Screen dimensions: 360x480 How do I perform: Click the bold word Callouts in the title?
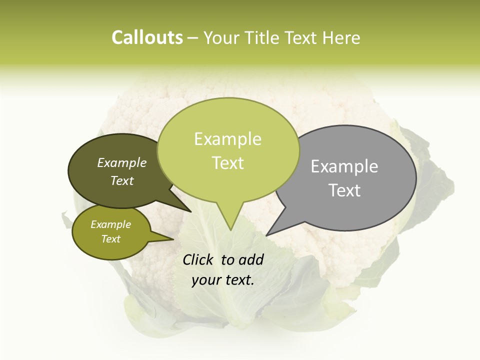coord(147,37)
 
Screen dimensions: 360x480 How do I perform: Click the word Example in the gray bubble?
coord(344,166)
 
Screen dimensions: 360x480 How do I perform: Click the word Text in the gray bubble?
coord(344,190)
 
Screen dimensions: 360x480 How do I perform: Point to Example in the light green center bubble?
coord(227,139)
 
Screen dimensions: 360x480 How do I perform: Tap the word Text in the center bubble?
coord(228,163)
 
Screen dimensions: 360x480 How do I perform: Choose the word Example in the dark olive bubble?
coord(122,162)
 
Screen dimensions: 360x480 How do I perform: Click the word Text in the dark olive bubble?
coord(122,181)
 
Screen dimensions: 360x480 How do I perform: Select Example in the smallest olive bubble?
coord(110,224)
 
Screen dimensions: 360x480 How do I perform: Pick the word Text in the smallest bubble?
coord(110,239)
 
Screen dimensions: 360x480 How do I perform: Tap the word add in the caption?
coord(251,259)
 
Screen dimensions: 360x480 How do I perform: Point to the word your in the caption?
coord(206,280)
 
